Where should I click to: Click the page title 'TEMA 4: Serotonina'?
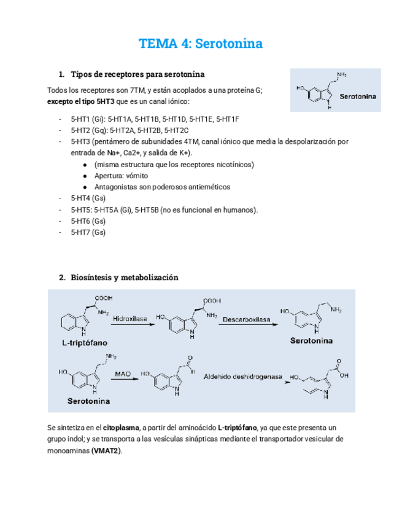pos(201,44)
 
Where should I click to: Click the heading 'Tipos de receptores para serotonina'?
pos(138,75)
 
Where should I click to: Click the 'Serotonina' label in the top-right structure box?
pos(358,96)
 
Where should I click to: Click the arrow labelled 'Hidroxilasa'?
pos(132,324)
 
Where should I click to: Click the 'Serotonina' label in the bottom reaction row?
pos(88,401)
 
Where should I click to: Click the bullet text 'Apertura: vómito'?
pos(121,176)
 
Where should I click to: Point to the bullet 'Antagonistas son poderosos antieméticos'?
pos(162,187)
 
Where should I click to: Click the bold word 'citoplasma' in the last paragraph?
pos(120,428)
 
